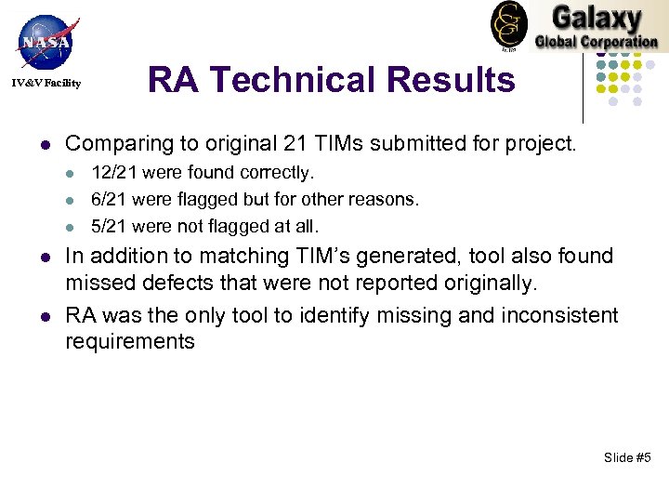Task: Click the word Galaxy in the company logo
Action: coord(596,19)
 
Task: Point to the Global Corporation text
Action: coord(596,41)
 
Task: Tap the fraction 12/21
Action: coord(111,173)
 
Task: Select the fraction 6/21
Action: coord(105,199)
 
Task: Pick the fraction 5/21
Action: coord(105,225)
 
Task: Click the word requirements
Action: coord(130,341)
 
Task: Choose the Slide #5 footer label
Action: coord(627,457)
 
